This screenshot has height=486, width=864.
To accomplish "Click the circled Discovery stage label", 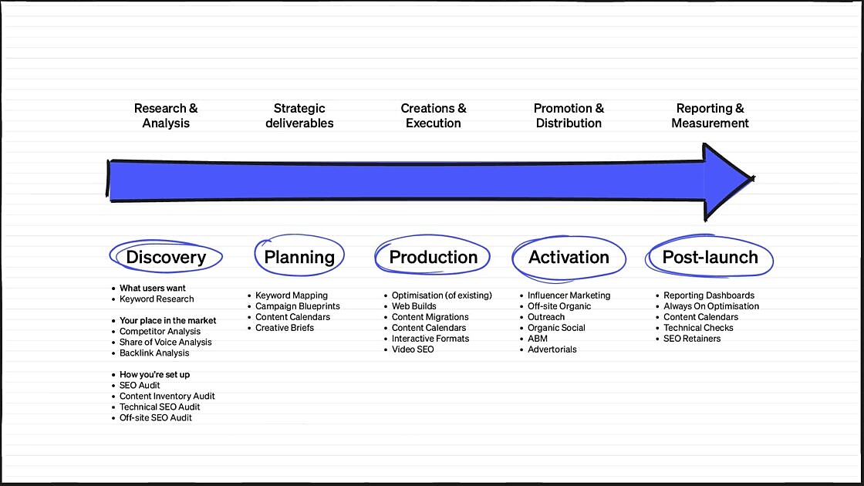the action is tap(166, 257).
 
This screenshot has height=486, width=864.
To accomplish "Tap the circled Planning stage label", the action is tap(299, 257).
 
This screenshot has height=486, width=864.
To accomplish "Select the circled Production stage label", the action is tap(433, 257).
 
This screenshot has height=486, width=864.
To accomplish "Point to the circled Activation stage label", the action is tap(569, 257).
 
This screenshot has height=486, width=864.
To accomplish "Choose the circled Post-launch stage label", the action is tap(710, 257).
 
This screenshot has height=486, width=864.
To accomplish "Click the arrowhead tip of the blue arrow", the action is tap(754, 178).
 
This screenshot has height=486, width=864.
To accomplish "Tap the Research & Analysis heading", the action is tap(166, 116).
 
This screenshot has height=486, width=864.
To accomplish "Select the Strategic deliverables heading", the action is tap(299, 116).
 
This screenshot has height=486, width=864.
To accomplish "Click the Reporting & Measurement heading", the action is tap(710, 116).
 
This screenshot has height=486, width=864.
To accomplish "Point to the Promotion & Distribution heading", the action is tap(569, 116).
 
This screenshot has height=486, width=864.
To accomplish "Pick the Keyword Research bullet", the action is tap(157, 299).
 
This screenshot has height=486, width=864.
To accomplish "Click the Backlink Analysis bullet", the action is tap(154, 353).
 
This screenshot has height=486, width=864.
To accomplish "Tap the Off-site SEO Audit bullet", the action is tap(155, 417).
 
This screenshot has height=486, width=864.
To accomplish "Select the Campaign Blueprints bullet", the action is tap(298, 306).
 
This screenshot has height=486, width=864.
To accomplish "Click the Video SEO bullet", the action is tap(413, 349).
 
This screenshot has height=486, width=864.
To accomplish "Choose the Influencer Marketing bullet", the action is tap(569, 295).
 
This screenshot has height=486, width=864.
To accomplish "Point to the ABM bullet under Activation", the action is tap(537, 339).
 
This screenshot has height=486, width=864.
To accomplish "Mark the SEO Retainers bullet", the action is tap(691, 339).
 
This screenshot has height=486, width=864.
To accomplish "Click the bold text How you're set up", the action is tap(154, 375).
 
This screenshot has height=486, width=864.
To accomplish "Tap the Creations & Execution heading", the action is tap(433, 116).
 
